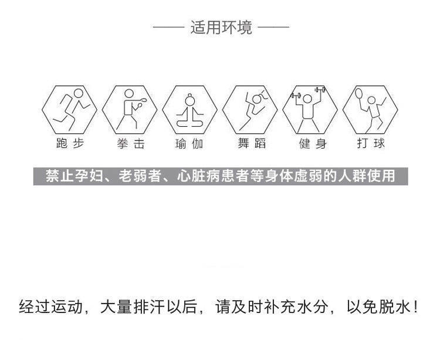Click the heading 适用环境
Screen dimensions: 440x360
[221, 28]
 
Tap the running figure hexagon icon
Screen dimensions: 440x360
[70, 110]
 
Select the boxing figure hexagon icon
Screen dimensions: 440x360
[130, 110]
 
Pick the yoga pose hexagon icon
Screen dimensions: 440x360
[190, 110]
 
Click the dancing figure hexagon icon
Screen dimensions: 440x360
[251, 110]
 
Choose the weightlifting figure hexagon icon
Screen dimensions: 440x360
[311, 110]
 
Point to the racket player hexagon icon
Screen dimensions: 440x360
[370, 110]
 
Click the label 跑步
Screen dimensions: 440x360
[70, 144]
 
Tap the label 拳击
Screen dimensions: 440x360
[130, 144]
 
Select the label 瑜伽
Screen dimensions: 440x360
[190, 144]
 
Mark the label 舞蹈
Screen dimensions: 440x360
[251, 144]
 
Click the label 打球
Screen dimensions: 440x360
[370, 144]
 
